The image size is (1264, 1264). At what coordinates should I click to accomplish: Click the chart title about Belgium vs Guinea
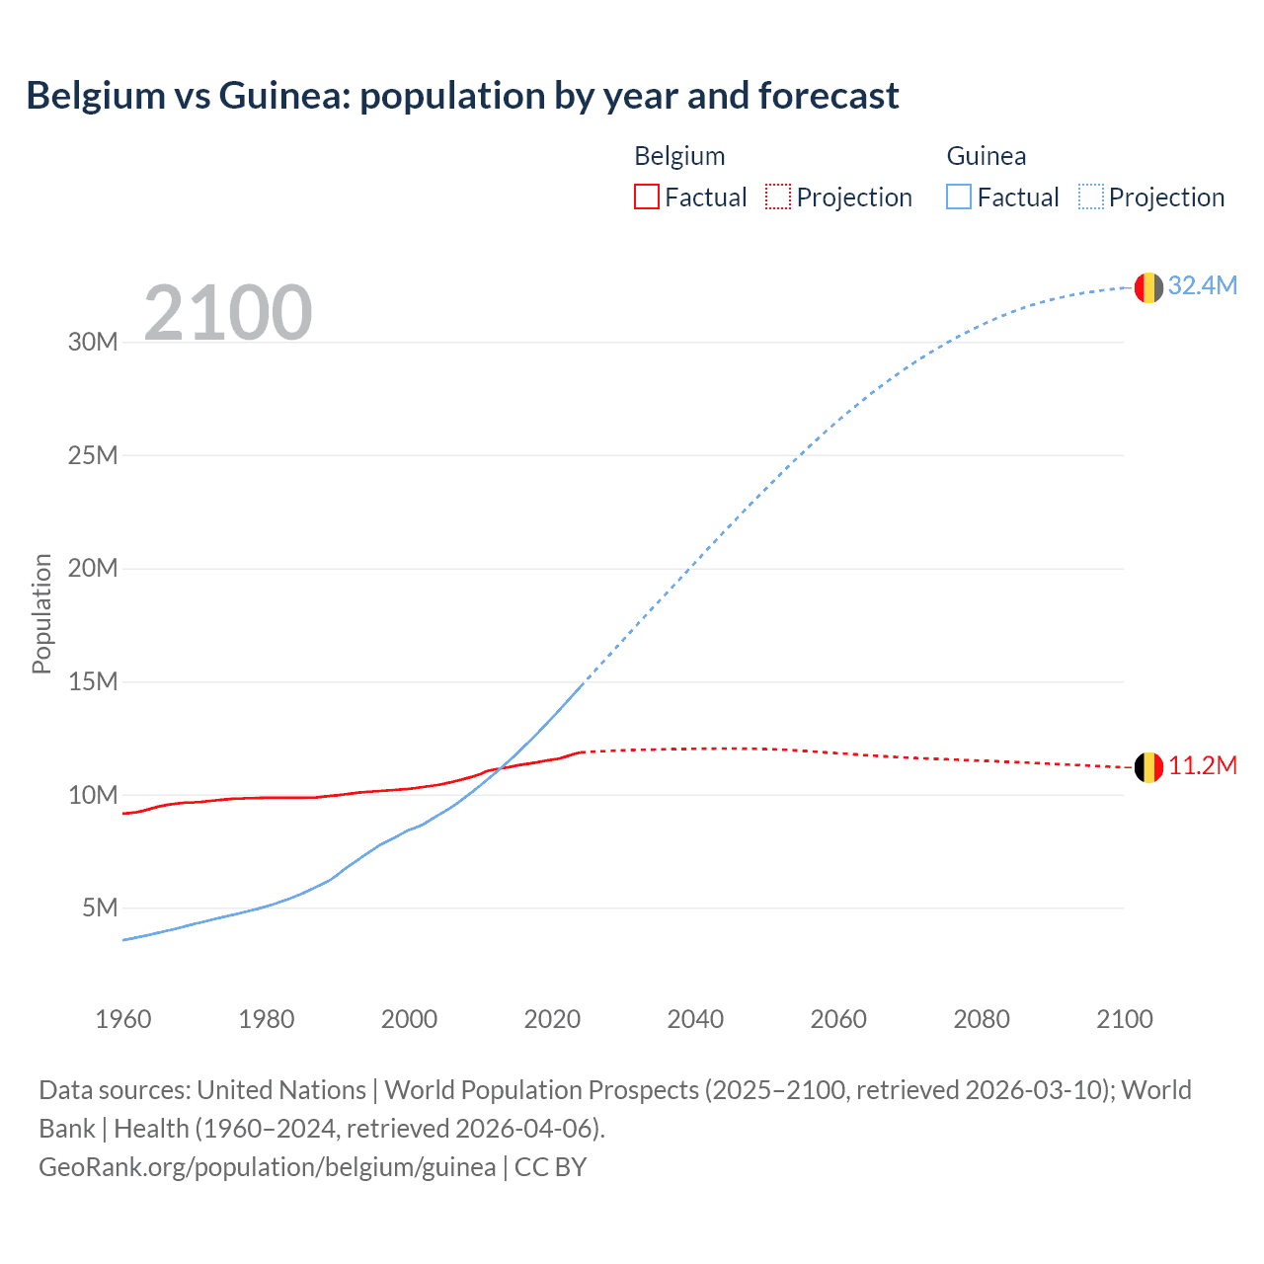pos(462,96)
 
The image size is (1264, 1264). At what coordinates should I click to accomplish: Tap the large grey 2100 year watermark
pos(228,313)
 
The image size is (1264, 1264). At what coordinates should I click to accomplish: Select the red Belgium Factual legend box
pos(646,197)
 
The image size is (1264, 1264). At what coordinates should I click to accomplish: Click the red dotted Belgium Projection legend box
pos(778,197)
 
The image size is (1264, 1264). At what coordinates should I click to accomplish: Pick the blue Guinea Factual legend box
pos(959,197)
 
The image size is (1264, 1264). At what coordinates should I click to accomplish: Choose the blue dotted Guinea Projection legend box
pos(1091,197)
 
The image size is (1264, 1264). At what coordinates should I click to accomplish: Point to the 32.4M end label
pos(1202,285)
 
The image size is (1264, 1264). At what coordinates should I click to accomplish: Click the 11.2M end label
pos(1202,766)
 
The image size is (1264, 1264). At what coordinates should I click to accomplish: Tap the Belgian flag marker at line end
pos(1148,767)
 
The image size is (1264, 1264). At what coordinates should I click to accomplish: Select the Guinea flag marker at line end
pos(1148,287)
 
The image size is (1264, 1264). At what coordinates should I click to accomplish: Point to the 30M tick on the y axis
pos(93,343)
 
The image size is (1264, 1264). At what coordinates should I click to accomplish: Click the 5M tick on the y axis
pos(100,908)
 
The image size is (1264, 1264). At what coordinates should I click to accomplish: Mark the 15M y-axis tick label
pos(93,681)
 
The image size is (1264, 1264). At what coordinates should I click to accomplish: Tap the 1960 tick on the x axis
pos(123,1019)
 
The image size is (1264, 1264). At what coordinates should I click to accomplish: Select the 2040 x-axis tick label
pos(695,1019)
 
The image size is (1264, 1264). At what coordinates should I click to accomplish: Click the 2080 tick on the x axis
pos(982,1019)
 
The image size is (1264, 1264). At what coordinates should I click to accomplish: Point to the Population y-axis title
pos(41,613)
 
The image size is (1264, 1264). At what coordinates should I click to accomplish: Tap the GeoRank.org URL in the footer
pos(267,1167)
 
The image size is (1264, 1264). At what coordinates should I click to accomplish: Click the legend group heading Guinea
pos(986,156)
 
